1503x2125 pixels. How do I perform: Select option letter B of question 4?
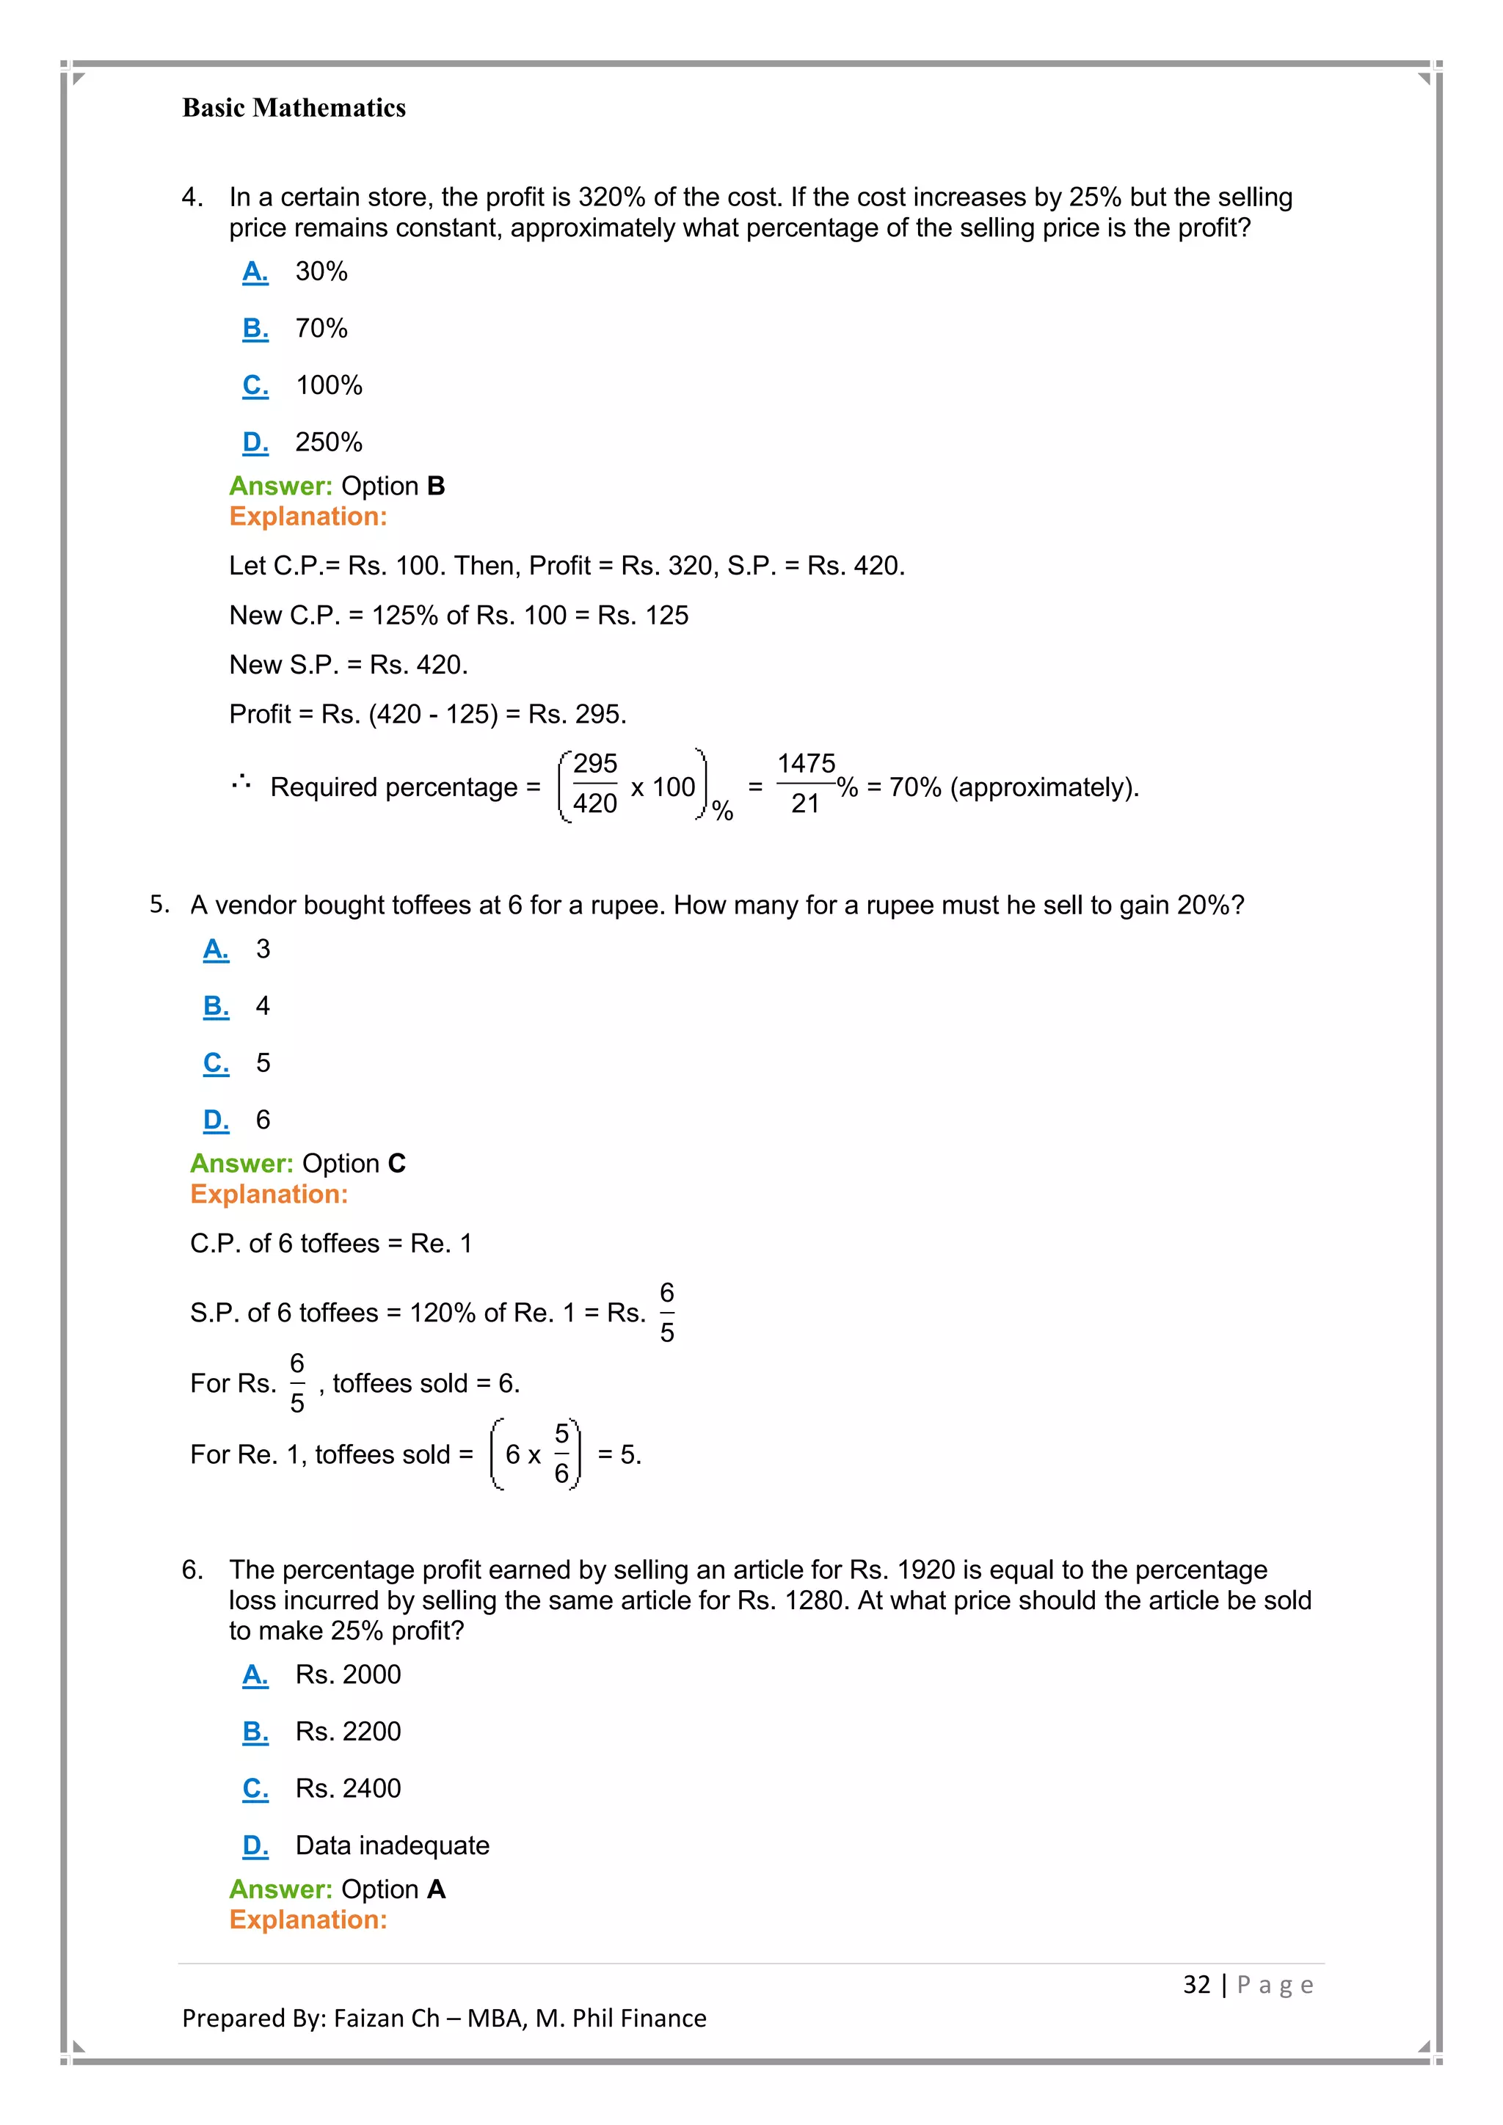click(x=255, y=329)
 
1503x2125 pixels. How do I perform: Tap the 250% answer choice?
click(x=329, y=442)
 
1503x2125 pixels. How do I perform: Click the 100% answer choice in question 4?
click(x=329, y=385)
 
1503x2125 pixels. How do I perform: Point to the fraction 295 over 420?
click(x=594, y=784)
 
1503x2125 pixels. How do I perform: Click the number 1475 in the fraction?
click(x=805, y=765)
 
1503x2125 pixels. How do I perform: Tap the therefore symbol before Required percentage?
click(x=241, y=783)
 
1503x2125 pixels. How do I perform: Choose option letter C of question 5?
click(x=216, y=1062)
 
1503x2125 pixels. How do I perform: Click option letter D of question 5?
click(x=216, y=1120)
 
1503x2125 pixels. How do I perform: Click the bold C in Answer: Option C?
click(x=397, y=1163)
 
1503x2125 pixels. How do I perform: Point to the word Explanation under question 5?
click(x=269, y=1195)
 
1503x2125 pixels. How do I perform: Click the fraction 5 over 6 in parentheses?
click(x=561, y=1454)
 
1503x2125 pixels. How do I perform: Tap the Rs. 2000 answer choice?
click(x=348, y=1674)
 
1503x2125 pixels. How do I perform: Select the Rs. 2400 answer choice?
click(x=348, y=1788)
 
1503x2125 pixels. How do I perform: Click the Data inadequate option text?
click(x=393, y=1845)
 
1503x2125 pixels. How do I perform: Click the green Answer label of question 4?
click(x=280, y=486)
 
